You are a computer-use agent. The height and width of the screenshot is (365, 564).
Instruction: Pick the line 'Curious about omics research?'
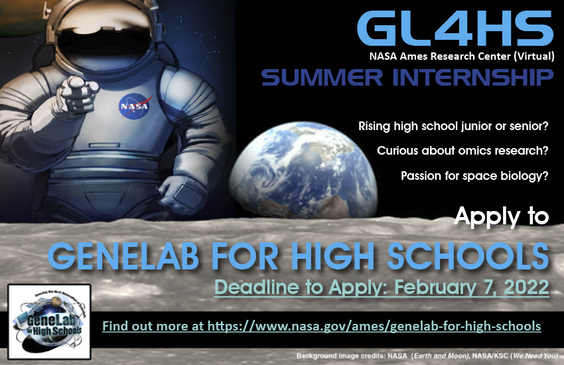click(462, 151)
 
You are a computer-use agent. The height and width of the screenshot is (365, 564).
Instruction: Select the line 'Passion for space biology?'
click(474, 176)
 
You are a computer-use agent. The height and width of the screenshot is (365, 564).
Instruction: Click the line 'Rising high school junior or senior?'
click(453, 125)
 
